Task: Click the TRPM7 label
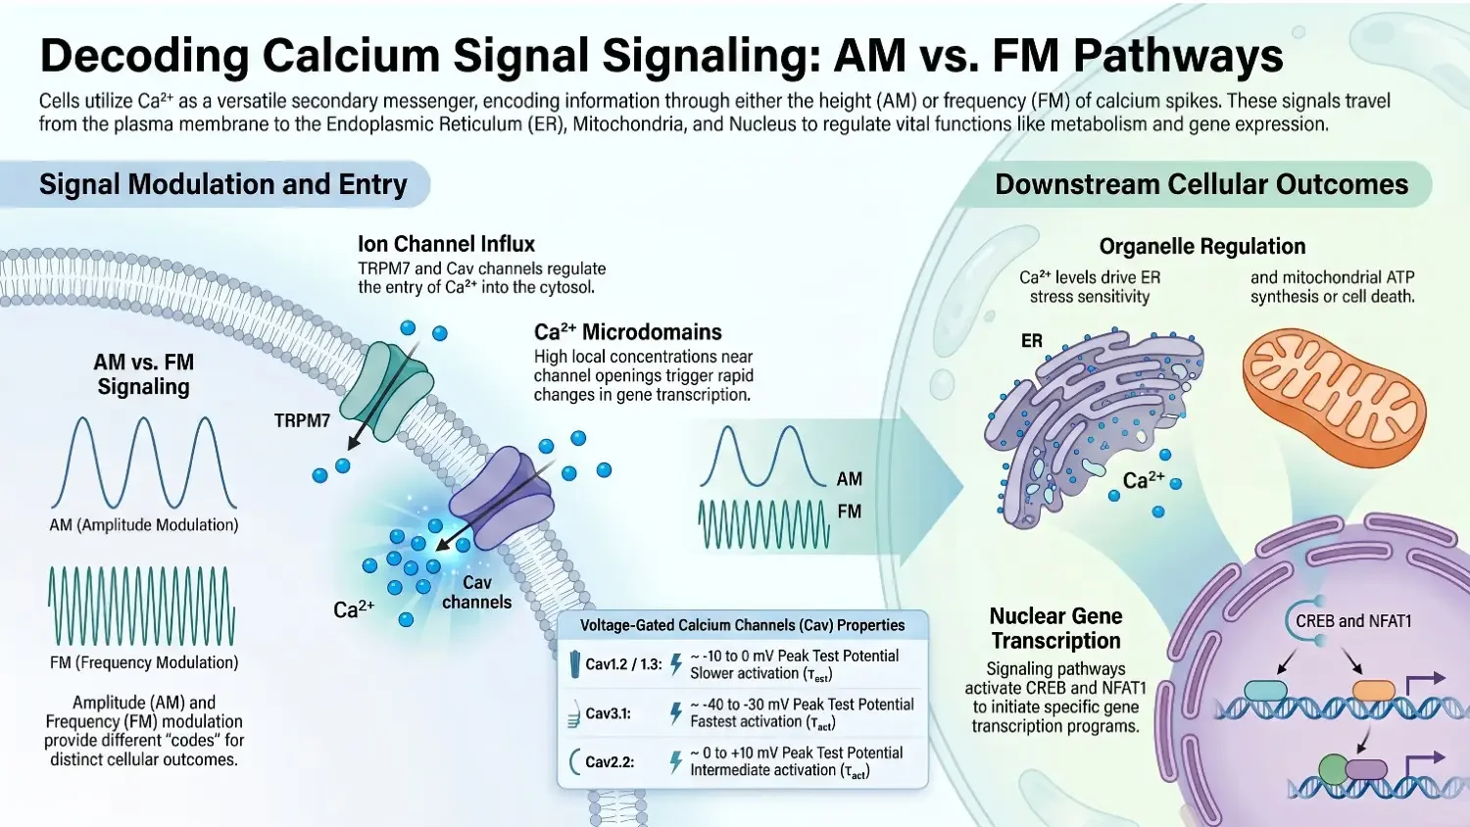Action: (302, 420)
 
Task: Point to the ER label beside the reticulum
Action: (1031, 341)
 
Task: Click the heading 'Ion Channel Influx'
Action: (446, 244)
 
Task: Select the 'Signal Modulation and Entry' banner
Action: (222, 184)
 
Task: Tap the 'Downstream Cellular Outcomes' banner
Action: (1200, 184)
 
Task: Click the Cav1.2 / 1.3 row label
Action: (623, 664)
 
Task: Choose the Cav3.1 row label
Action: (608, 713)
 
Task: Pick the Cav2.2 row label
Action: (610, 761)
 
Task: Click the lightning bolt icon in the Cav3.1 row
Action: (675, 713)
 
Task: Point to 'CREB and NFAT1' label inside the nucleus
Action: (1352, 621)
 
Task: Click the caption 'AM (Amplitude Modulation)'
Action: (144, 525)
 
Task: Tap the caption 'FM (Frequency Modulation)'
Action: (144, 662)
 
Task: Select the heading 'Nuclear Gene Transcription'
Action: (1055, 628)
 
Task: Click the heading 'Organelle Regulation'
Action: (1201, 246)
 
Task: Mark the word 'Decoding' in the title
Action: (143, 56)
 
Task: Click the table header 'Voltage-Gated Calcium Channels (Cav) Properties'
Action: (742, 625)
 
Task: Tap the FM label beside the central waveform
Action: (849, 511)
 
